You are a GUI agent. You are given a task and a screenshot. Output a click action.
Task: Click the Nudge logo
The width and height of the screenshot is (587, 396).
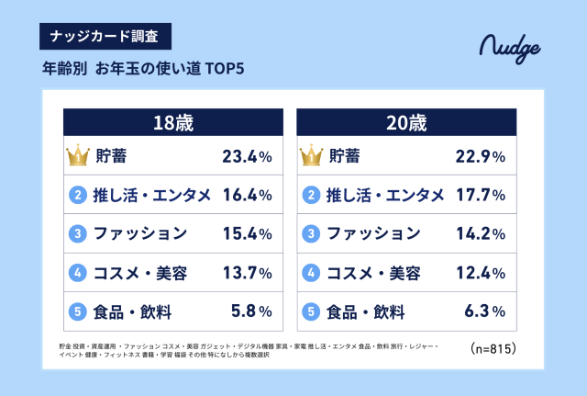coord(510,47)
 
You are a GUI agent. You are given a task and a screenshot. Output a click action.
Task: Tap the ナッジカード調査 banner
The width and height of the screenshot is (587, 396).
coord(105,38)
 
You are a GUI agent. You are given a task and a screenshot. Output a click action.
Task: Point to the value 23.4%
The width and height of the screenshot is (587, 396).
coord(247,156)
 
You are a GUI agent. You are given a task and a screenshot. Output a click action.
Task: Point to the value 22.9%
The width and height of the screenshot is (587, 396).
coord(481,156)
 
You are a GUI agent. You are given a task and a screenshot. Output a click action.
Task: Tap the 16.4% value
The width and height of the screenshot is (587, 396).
coord(247,195)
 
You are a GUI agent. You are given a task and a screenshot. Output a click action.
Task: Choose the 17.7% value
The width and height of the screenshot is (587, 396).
coord(481,195)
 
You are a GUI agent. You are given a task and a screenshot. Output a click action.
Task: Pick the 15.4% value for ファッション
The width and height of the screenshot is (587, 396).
coord(247,233)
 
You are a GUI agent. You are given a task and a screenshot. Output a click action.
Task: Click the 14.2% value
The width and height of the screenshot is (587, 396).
coord(481,233)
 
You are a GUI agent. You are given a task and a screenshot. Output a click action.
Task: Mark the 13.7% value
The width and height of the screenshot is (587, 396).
coord(247,273)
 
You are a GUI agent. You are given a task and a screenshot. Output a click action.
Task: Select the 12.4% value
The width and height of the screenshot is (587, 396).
coord(481,273)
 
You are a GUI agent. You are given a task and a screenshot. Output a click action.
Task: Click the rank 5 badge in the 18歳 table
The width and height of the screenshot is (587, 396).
coord(78,311)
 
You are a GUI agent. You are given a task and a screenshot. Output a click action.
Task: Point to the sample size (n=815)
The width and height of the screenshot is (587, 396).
coord(493,348)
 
